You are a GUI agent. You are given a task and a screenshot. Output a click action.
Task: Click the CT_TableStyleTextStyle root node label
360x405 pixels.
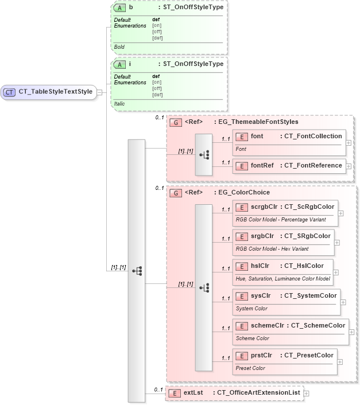click(55, 92)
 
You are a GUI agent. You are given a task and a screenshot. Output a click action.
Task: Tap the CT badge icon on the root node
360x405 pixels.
click(10, 92)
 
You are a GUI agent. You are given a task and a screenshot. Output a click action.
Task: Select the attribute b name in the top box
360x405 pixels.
click(131, 8)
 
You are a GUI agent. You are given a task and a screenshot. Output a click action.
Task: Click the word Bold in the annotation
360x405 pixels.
click(119, 46)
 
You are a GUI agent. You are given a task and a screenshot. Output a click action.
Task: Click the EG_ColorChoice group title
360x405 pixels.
click(244, 192)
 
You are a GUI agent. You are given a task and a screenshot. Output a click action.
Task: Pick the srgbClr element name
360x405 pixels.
click(262, 236)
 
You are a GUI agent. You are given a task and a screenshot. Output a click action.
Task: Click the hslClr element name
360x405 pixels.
click(260, 266)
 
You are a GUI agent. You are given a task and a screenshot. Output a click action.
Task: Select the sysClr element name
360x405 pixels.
click(260, 295)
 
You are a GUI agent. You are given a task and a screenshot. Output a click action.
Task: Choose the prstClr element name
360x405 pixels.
click(261, 355)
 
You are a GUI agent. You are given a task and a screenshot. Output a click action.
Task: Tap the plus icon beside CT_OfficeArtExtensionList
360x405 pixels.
click(307, 393)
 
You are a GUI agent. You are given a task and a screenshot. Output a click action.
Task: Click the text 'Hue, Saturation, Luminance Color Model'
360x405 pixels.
click(282, 279)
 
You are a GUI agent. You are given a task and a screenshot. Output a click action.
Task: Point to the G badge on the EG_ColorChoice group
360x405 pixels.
click(177, 192)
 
